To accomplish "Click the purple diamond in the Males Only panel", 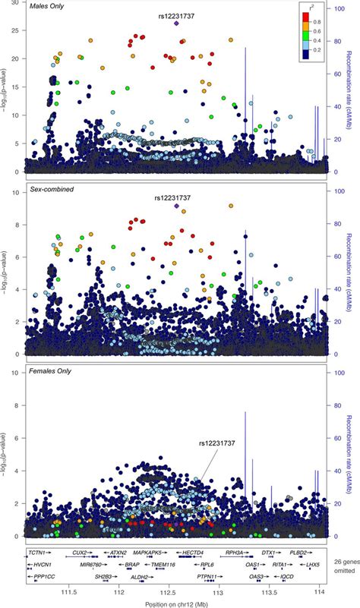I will coord(177,24).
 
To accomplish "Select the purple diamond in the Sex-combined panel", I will coord(177,206).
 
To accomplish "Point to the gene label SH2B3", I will coord(103,576).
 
